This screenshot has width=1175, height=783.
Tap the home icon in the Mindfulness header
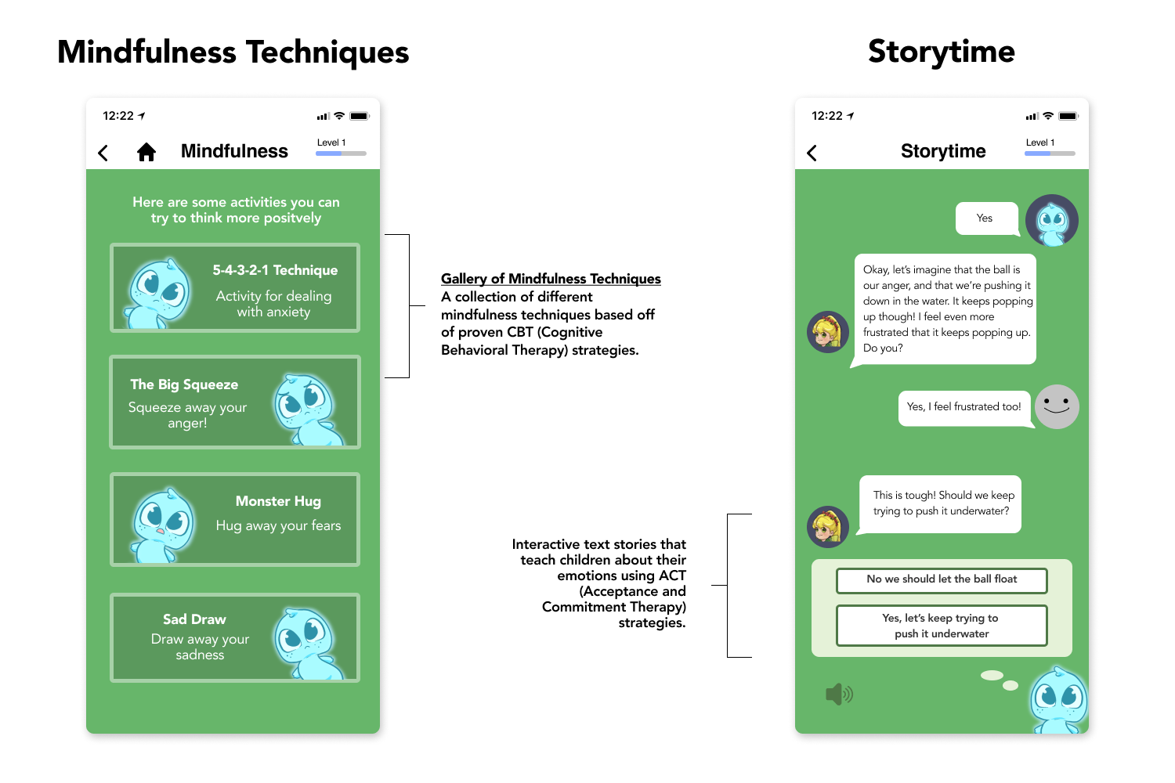click(x=146, y=152)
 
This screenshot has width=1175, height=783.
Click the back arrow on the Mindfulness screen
click(x=103, y=153)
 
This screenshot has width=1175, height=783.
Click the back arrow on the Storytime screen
click(x=812, y=153)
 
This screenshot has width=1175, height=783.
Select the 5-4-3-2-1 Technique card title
click(x=275, y=270)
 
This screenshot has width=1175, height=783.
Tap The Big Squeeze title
click(x=184, y=384)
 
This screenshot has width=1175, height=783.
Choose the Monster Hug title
click(x=278, y=501)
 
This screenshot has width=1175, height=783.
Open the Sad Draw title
click(x=194, y=619)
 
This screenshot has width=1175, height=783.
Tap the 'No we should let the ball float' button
click(x=942, y=580)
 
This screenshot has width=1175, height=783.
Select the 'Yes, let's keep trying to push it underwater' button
click(x=942, y=625)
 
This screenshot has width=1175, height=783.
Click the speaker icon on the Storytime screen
click(x=839, y=694)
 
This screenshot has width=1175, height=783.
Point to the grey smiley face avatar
click(x=1057, y=406)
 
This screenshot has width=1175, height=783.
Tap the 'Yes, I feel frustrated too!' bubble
click(x=965, y=407)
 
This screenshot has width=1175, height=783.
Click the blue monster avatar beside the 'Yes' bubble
click(x=1052, y=220)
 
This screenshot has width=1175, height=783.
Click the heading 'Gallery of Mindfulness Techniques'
click(x=551, y=279)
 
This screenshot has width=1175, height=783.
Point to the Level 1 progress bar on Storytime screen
click(x=1050, y=153)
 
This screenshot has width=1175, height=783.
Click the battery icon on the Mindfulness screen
click(x=360, y=116)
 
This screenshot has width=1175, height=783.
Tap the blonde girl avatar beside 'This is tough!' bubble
click(x=828, y=526)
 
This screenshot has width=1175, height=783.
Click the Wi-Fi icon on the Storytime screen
click(x=1048, y=115)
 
